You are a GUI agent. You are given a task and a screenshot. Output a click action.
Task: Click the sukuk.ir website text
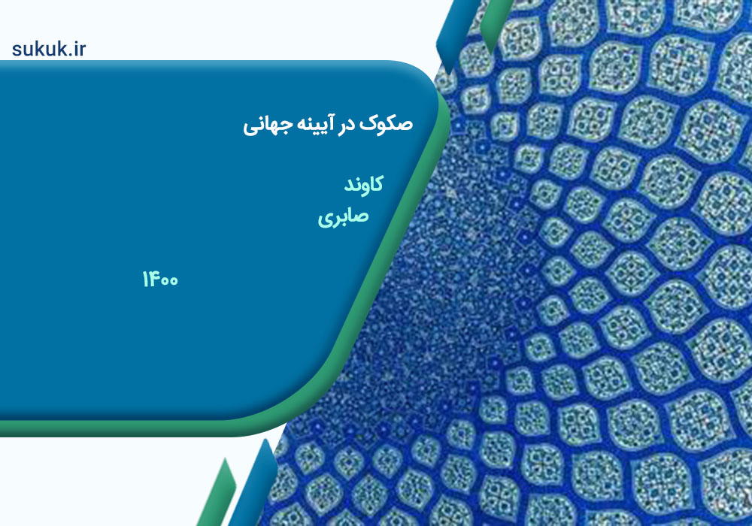coord(49,49)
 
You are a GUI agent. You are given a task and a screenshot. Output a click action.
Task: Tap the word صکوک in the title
coord(386,123)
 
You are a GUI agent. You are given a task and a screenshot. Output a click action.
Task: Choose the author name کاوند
coord(363,184)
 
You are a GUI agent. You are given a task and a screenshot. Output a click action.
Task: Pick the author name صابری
coord(344,216)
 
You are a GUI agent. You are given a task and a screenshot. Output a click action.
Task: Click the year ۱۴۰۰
coord(160,279)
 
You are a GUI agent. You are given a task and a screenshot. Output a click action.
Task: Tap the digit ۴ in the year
coord(153,279)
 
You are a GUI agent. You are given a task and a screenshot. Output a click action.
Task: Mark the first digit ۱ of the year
coord(145,279)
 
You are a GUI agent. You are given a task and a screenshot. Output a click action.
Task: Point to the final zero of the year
coord(173,281)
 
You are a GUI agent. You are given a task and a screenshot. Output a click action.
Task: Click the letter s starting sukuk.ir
coord(17,50)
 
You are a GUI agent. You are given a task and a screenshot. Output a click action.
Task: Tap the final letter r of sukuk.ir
coord(83,50)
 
